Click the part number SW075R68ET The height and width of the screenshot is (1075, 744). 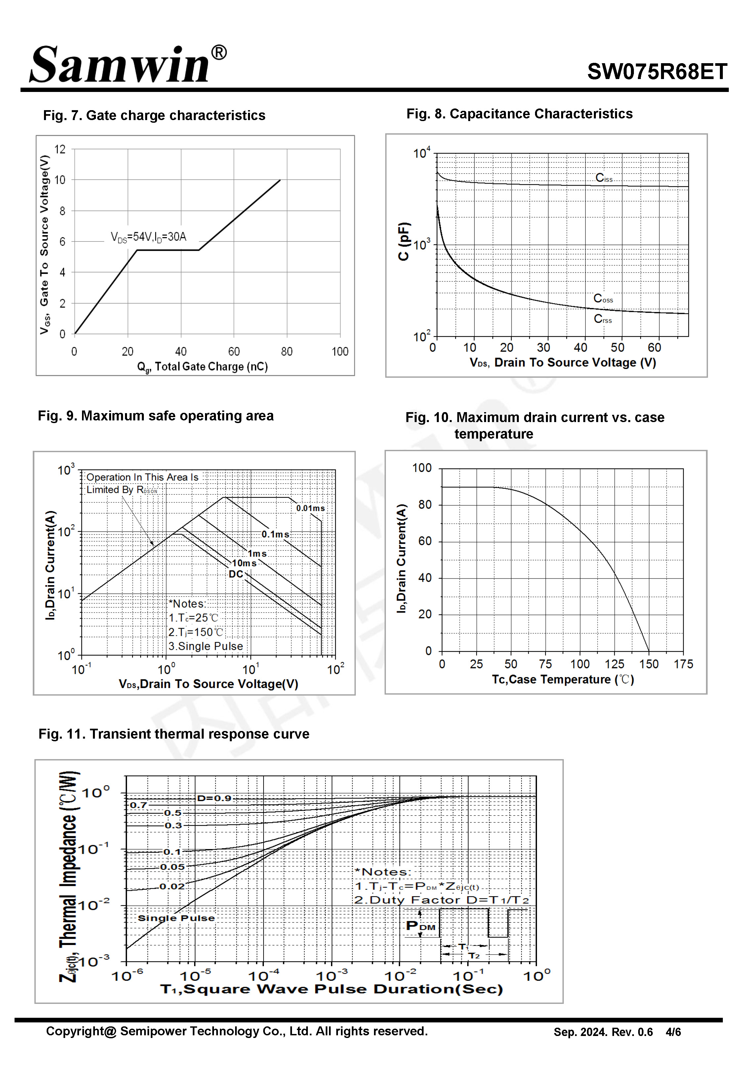pyautogui.click(x=656, y=72)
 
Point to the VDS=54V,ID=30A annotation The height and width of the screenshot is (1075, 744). pyautogui.click(x=148, y=237)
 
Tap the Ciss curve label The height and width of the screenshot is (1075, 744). pyautogui.click(x=604, y=178)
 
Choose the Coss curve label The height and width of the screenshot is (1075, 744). pyautogui.click(x=603, y=298)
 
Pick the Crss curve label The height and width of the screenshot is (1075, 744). pyautogui.click(x=602, y=319)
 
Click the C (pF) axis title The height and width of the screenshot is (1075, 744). pyautogui.click(x=404, y=241)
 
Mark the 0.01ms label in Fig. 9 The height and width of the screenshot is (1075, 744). pyautogui.click(x=310, y=508)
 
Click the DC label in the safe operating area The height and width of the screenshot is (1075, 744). pyautogui.click(x=236, y=574)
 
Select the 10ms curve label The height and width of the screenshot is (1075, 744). pyautogui.click(x=244, y=563)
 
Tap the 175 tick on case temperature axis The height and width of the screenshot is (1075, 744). pyautogui.click(x=683, y=664)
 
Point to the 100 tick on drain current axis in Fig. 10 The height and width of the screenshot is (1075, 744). pyautogui.click(x=422, y=468)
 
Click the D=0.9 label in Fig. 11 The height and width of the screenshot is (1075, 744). pyautogui.click(x=214, y=798)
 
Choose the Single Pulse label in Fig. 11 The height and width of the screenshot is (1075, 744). pyautogui.click(x=176, y=918)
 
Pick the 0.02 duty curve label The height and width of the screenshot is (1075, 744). pyautogui.click(x=172, y=886)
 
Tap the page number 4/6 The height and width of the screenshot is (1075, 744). pyautogui.click(x=673, y=1032)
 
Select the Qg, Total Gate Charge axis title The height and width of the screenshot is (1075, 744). pyautogui.click(x=202, y=367)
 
